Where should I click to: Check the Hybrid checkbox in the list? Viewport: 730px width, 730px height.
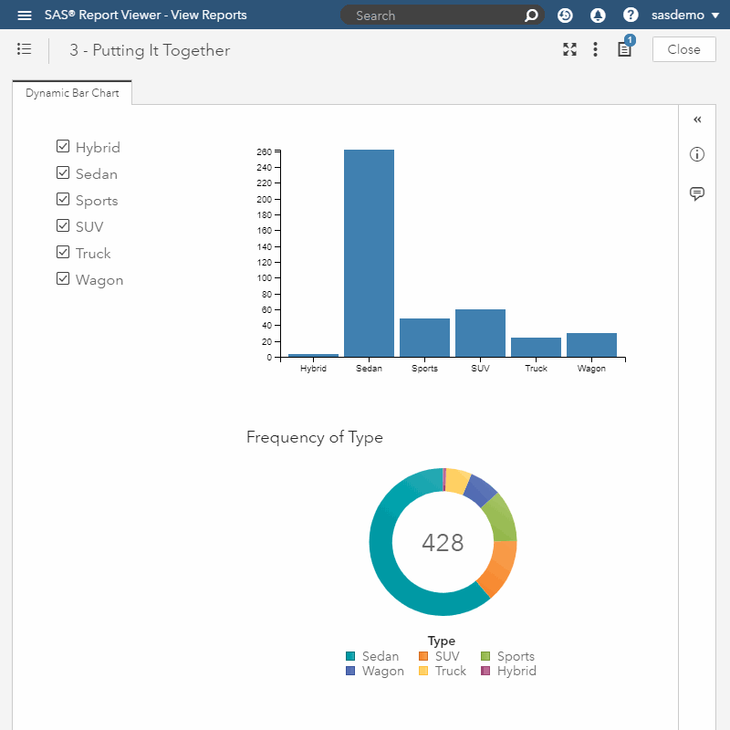click(x=63, y=147)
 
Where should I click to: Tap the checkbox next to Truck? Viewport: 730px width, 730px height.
click(x=63, y=253)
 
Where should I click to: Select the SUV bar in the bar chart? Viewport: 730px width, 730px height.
click(x=480, y=333)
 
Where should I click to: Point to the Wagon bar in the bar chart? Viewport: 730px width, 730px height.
click(x=591, y=345)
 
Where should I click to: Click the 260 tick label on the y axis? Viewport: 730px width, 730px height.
click(x=264, y=151)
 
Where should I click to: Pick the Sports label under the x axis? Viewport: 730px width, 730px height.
click(x=424, y=369)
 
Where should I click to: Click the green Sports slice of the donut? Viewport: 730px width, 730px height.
click(x=500, y=517)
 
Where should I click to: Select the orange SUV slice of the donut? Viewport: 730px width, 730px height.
click(x=497, y=568)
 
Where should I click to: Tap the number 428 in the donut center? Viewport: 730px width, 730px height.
click(x=443, y=543)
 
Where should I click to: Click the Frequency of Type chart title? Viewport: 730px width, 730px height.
click(x=315, y=437)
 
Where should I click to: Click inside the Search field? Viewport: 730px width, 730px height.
click(x=433, y=16)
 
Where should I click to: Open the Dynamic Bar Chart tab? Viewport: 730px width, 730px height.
click(x=72, y=93)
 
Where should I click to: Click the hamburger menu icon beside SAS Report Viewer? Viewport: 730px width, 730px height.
click(x=25, y=16)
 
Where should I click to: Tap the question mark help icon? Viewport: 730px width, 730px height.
click(x=631, y=16)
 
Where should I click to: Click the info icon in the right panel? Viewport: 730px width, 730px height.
click(x=697, y=155)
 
